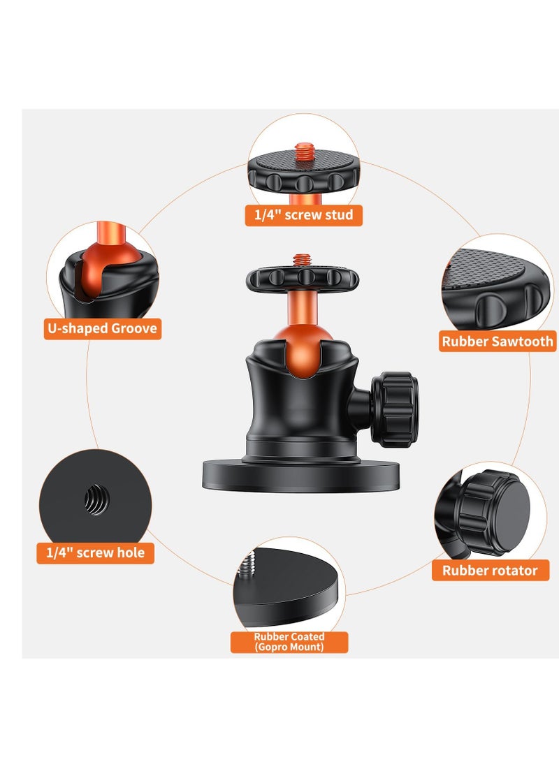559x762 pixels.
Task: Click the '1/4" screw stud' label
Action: pos(304,214)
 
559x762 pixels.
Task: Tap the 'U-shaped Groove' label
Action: pos(102,328)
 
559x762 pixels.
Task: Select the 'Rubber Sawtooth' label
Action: pos(498,342)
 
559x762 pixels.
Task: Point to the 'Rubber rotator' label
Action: pos(490,571)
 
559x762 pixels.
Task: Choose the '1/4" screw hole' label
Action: pos(95,552)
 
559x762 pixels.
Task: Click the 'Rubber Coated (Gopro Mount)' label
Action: pos(289,642)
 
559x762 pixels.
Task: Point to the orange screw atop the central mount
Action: pos(302,260)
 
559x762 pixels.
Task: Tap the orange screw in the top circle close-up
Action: pos(304,150)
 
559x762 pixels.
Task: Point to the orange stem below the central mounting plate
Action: pos(300,300)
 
